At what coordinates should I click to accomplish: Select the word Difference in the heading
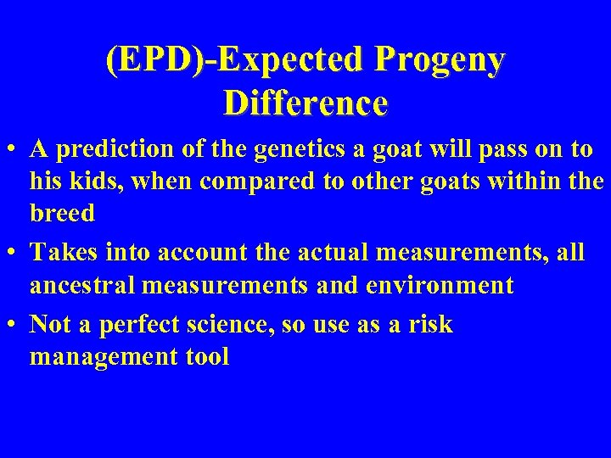[305, 103]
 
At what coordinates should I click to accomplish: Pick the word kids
[86, 182]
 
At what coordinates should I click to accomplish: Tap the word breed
[62, 213]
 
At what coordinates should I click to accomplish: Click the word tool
[207, 357]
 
